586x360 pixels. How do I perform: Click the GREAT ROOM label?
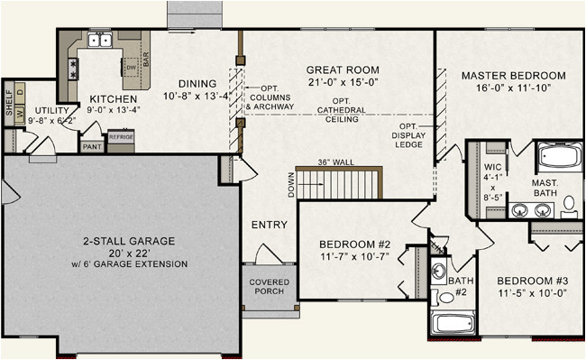pos(342,69)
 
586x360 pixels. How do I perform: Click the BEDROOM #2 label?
pos(353,244)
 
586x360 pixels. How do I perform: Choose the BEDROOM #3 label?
pos(532,280)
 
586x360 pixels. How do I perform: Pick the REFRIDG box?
pos(120,138)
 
